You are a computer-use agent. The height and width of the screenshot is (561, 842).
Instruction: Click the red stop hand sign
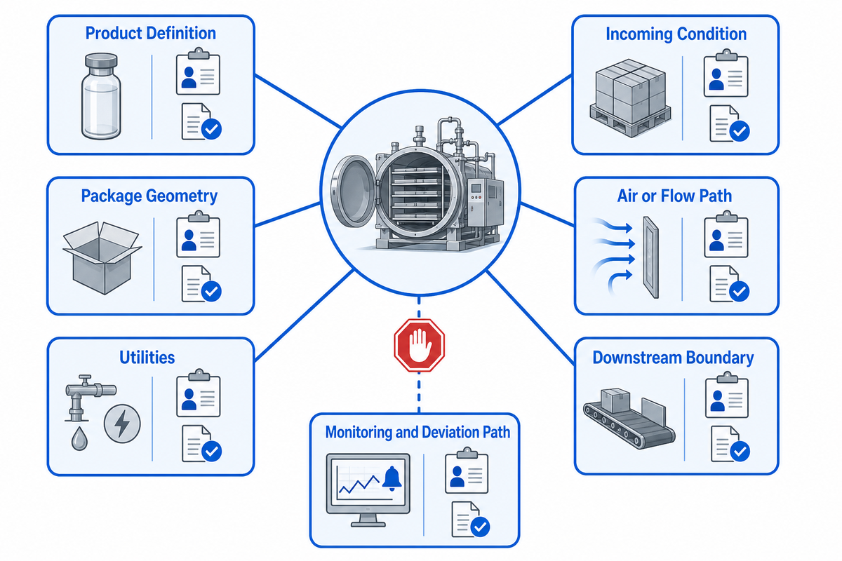click(x=419, y=345)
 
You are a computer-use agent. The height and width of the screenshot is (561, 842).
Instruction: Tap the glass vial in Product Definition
click(x=101, y=96)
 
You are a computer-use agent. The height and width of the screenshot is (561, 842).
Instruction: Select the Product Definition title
click(x=151, y=33)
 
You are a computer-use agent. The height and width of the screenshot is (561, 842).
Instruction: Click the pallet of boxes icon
click(x=630, y=97)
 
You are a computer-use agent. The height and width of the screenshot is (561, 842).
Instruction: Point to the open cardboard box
click(x=102, y=258)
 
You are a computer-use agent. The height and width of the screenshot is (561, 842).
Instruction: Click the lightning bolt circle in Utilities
click(x=122, y=424)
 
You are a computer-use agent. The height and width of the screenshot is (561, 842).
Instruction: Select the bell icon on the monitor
click(x=392, y=478)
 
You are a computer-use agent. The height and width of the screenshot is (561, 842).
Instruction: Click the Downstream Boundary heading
click(x=673, y=358)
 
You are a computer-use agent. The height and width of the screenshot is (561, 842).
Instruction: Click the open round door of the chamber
click(x=354, y=191)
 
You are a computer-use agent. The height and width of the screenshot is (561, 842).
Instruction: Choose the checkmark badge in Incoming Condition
click(x=740, y=131)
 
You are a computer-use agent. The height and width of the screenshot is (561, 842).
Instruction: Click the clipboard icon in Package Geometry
click(x=198, y=234)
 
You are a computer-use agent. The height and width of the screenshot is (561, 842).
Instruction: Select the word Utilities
click(x=147, y=358)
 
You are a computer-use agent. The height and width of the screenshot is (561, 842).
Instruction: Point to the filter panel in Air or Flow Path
click(x=650, y=257)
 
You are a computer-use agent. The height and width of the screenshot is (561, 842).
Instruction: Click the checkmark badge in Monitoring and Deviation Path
click(x=480, y=527)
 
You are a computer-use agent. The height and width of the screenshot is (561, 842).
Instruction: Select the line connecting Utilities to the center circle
click(x=304, y=316)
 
